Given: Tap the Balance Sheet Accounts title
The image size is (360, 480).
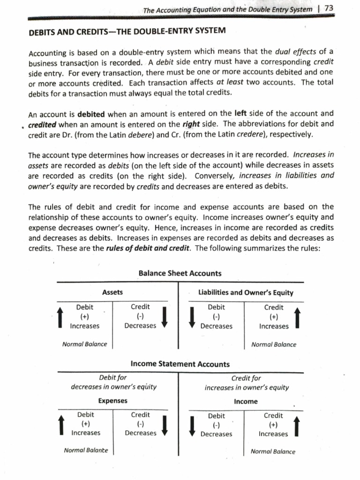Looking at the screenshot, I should pos(180,273).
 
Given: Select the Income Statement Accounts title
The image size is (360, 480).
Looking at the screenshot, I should pos(180,364).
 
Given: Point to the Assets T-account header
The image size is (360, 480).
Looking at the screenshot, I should pos(112,292).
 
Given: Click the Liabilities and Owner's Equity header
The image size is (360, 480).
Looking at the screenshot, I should pos(246,292).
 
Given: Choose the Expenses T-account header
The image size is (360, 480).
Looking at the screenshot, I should pos(112,401).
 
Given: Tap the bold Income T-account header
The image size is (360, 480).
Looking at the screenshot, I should pos(246,402).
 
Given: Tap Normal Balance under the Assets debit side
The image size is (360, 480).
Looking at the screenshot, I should pos(84,344).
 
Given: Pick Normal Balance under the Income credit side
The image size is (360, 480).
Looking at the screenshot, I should pos(273,452).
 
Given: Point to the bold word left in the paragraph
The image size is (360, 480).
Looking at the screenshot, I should pos(240,113).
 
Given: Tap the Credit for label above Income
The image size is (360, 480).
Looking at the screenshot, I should pos(246,378).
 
